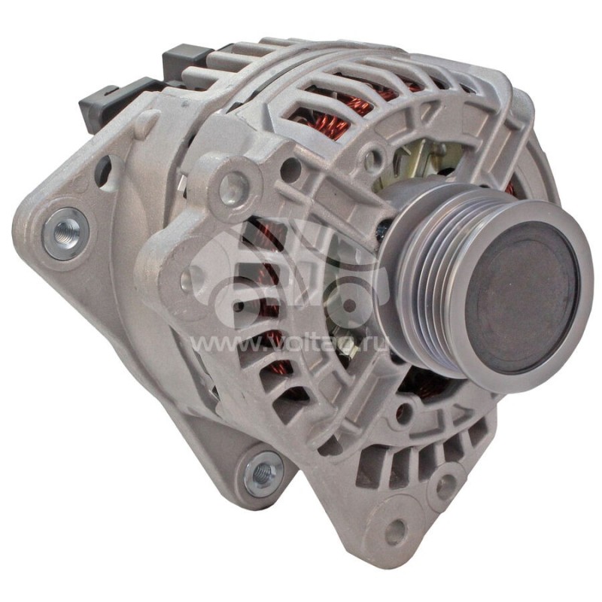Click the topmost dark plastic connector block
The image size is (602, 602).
[186, 56]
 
